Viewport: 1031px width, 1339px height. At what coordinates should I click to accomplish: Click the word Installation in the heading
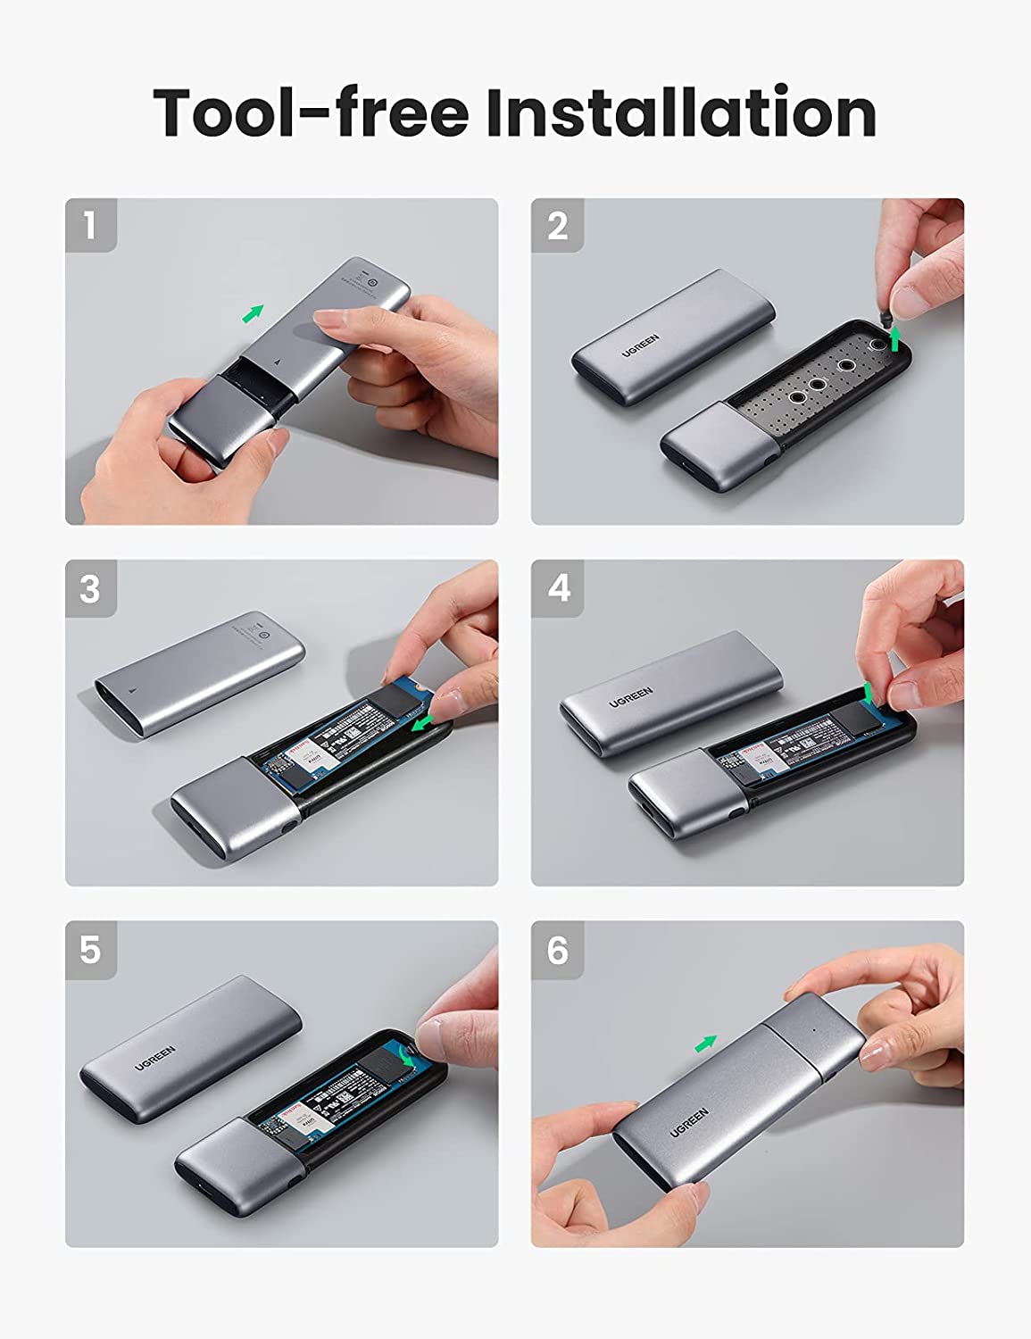point(680,112)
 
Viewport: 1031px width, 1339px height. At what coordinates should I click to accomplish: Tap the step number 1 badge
point(90,225)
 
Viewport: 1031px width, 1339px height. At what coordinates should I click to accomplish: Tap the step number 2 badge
point(557,225)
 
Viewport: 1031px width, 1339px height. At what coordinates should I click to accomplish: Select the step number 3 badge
point(90,588)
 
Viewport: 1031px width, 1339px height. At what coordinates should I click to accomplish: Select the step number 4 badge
point(557,588)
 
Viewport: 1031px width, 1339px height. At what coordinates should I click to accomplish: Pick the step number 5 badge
point(90,950)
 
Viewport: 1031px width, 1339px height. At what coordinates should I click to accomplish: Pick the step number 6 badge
point(557,950)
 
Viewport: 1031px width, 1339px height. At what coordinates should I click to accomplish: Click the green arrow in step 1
point(254,313)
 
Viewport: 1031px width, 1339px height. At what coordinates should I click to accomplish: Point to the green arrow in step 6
point(706,1043)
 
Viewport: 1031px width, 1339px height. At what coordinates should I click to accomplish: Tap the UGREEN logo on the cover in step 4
point(631,696)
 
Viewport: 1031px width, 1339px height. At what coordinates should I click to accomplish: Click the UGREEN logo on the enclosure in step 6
point(689,1122)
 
